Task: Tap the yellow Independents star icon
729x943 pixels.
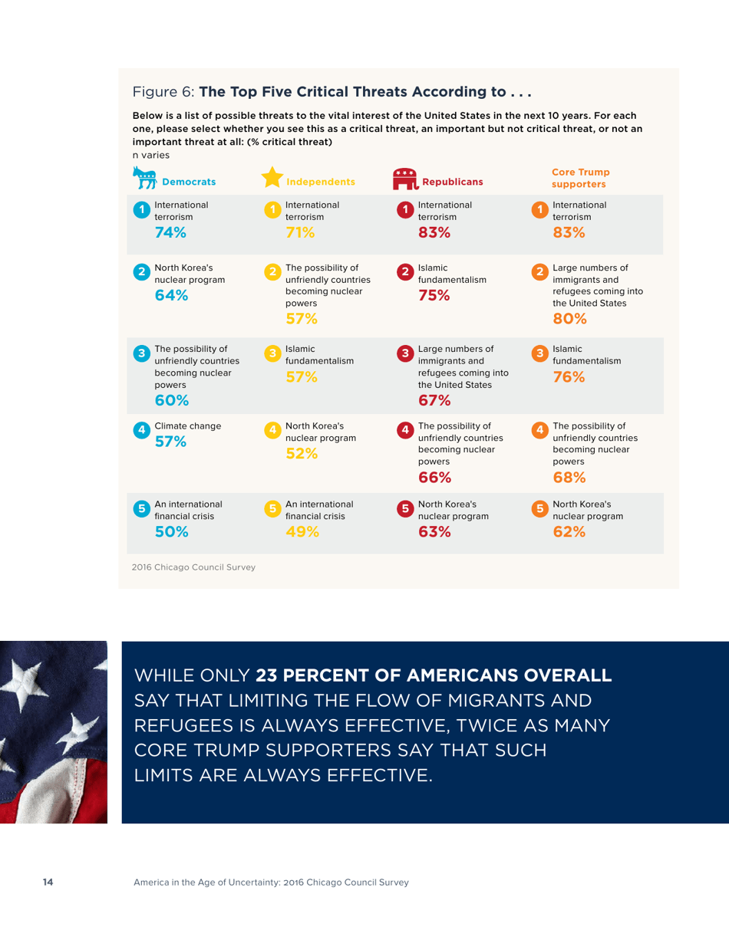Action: [272, 178]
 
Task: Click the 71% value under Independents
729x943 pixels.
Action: [299, 235]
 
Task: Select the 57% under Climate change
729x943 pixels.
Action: [169, 441]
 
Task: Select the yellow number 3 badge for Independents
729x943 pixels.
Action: [272, 353]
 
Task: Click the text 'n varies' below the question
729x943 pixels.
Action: [149, 154]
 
